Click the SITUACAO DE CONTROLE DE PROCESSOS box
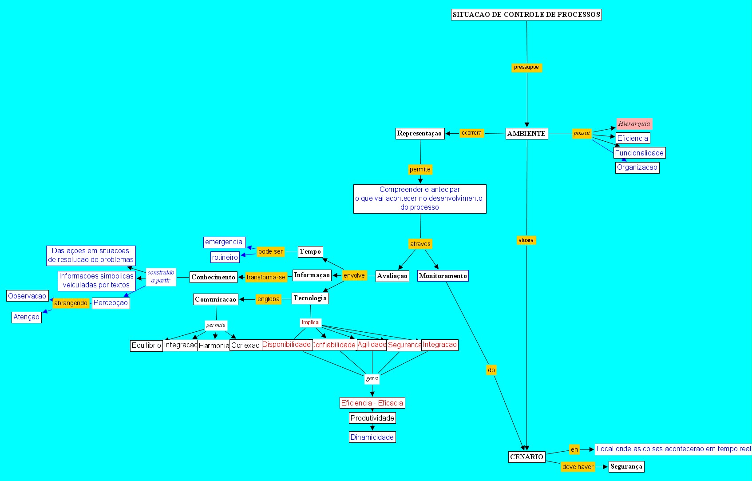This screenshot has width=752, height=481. coord(526,15)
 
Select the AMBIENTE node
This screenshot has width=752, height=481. coord(526,133)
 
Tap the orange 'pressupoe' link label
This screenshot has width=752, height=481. coord(526,68)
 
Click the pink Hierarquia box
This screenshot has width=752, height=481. coord(634,123)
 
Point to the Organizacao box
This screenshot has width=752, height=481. coord(637,167)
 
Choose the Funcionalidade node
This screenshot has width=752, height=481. coord(639,153)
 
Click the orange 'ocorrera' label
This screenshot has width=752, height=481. coord(471,133)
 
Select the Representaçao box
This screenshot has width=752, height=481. coord(420,133)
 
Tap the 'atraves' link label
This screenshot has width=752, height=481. coord(420,244)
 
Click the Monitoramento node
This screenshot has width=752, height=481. coord(443,276)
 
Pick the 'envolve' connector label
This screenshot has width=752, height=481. coord(354,275)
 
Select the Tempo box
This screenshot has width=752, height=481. coord(310,251)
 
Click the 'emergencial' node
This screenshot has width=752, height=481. coord(224,242)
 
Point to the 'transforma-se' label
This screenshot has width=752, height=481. coord(266,277)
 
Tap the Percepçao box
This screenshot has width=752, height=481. coord(111,303)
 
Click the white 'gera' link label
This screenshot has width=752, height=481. coord(372,378)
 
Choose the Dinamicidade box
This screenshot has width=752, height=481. coord(372,437)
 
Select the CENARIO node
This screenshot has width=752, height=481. coord(526,457)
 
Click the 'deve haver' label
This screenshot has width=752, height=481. coord(578,467)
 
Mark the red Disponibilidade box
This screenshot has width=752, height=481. coord(286,345)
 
